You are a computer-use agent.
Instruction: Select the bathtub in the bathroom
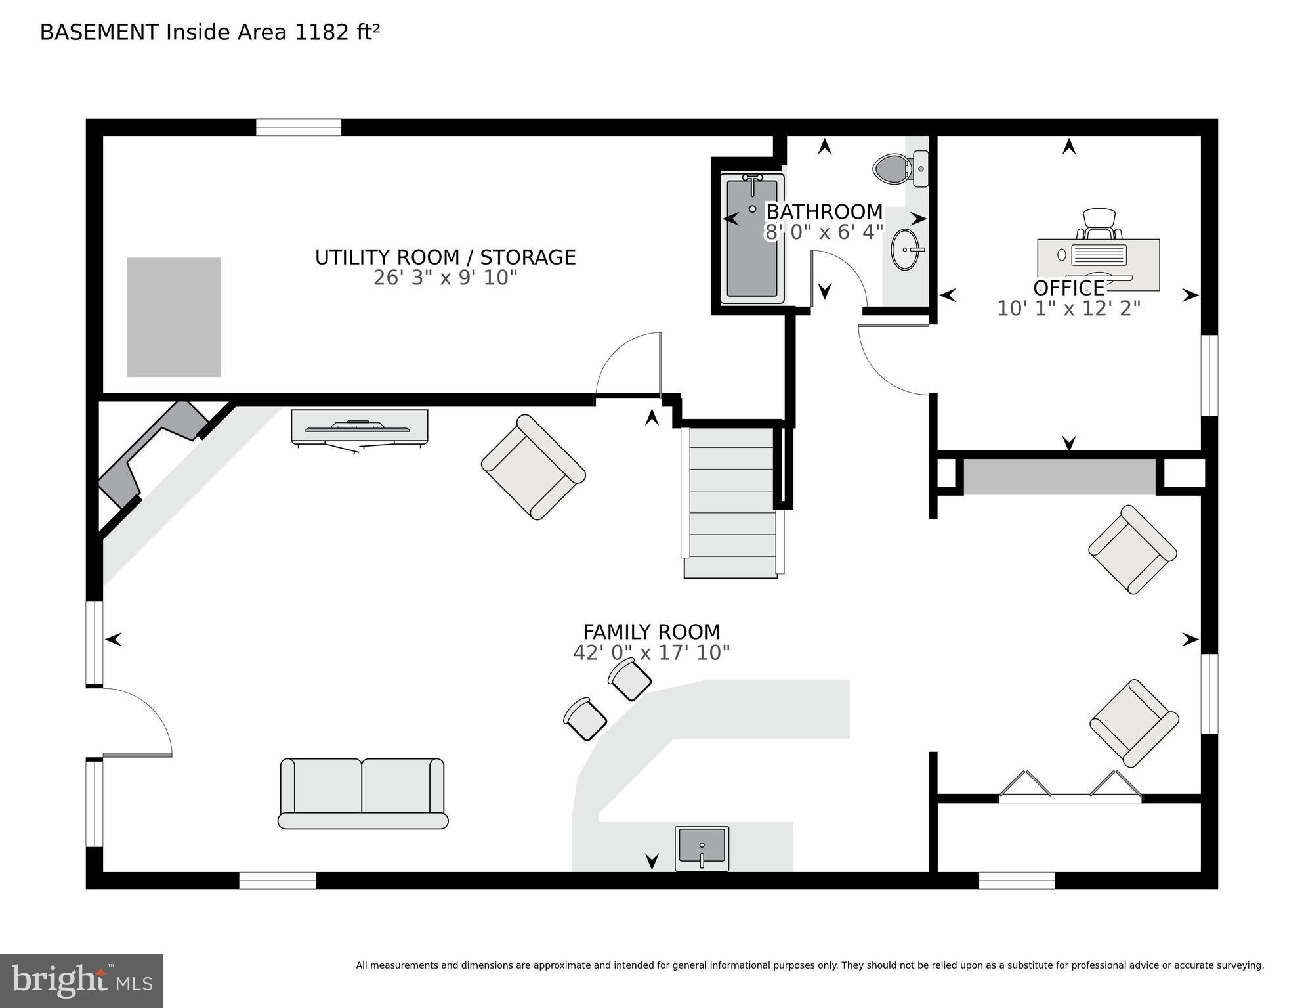coord(752,240)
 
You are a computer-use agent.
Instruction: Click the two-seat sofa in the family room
coord(362,793)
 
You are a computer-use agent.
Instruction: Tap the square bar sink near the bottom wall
coord(702,847)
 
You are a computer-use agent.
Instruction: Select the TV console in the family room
coord(359,427)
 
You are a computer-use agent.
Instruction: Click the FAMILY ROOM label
coord(651,632)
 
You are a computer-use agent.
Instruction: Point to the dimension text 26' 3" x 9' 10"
coord(445,278)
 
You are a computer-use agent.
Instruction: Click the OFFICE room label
coord(1068,288)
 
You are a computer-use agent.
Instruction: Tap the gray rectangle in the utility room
coord(174,317)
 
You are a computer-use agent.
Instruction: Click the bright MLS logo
coord(81,980)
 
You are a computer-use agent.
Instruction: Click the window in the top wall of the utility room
coord(298,127)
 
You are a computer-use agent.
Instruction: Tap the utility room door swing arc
coord(627,364)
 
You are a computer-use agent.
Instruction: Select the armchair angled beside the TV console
coord(533,467)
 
